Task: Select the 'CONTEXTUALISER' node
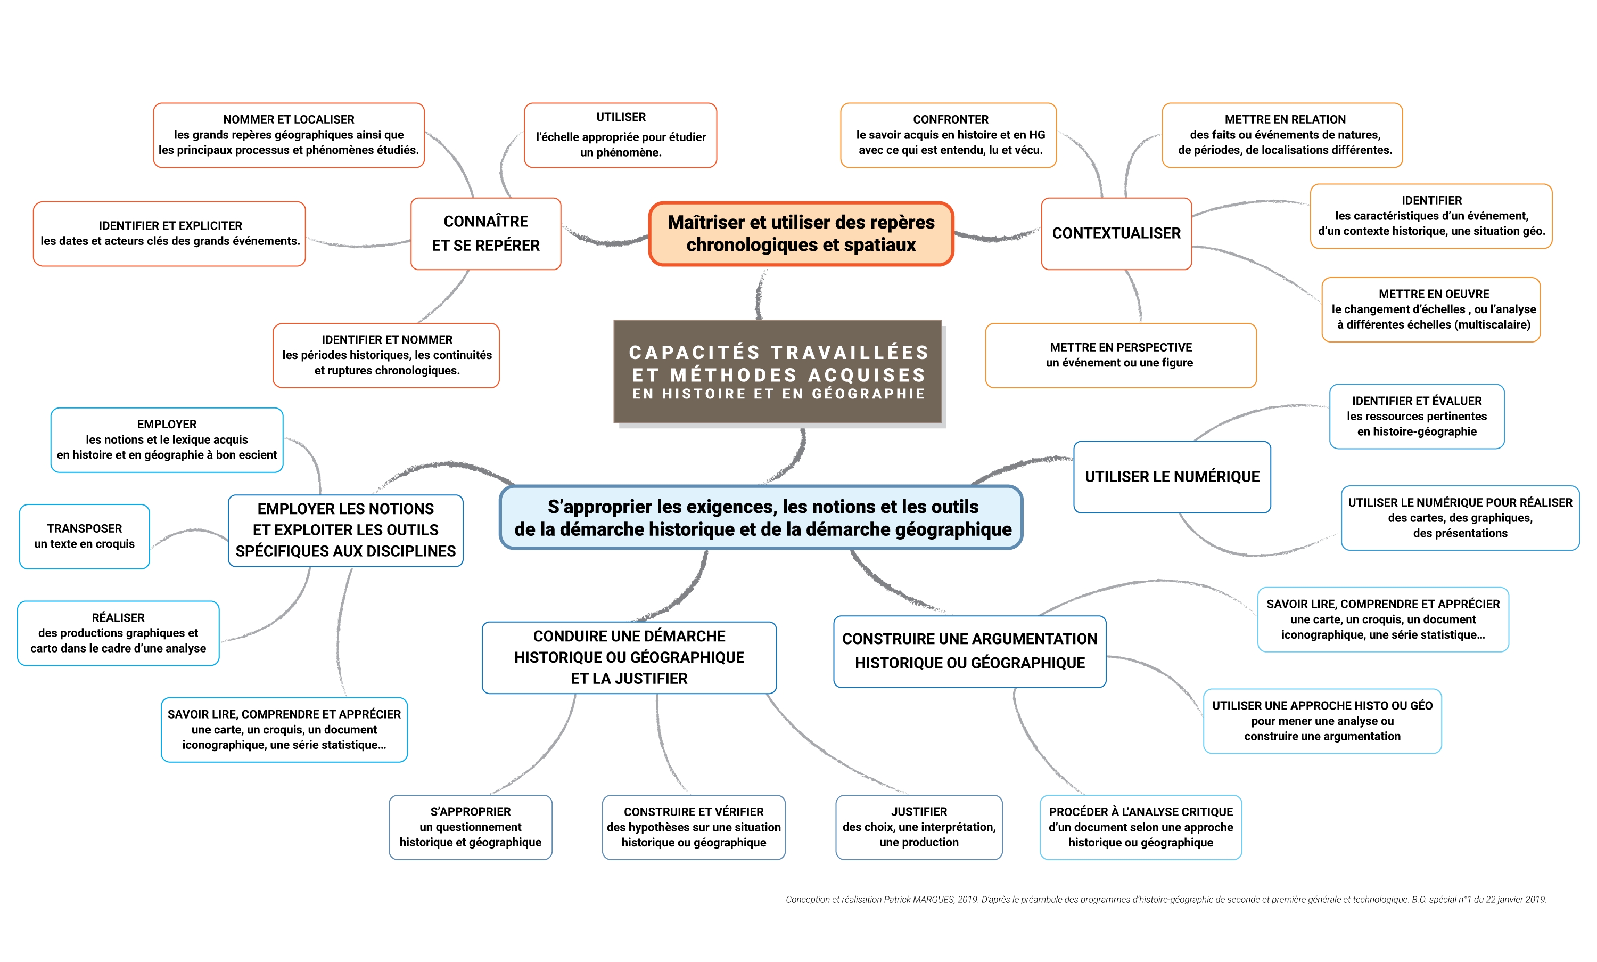[1116, 233]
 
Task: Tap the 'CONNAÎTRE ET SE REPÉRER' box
[485, 233]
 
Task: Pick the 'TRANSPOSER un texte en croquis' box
[84, 536]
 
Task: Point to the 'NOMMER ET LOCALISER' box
[289, 135]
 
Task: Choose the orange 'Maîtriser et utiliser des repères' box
[801, 233]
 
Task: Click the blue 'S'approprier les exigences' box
[762, 517]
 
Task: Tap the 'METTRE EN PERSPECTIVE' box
[1120, 355]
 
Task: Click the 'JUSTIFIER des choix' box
[919, 827]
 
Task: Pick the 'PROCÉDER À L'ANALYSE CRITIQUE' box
[1140, 827]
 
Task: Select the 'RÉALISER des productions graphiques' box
[118, 633]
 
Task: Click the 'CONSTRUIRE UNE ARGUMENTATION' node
[969, 651]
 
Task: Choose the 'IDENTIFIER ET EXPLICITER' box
[170, 233]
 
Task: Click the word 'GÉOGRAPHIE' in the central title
[868, 394]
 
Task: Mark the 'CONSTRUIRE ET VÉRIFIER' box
[693, 827]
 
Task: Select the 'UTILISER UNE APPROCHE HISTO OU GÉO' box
[1322, 721]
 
